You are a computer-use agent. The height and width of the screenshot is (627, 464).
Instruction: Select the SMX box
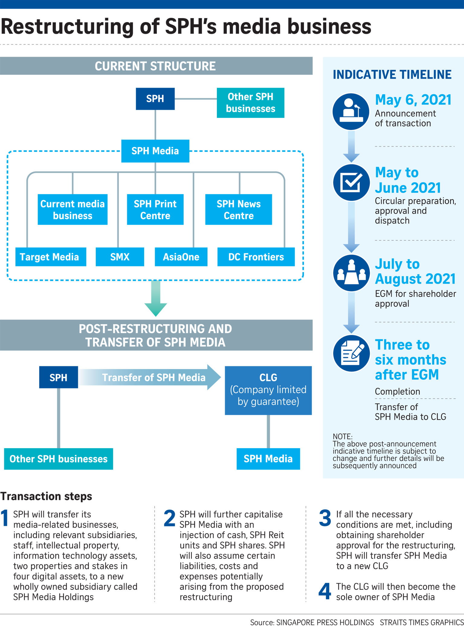120,257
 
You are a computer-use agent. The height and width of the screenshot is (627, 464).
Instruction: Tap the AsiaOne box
181,257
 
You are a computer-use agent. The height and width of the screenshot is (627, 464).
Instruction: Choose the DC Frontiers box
256,257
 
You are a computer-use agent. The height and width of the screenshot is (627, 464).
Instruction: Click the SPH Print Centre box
155,210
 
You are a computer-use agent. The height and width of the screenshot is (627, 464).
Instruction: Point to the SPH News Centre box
238,210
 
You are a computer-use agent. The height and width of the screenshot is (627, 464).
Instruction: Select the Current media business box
72,210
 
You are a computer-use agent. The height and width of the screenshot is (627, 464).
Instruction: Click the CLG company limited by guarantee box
268,390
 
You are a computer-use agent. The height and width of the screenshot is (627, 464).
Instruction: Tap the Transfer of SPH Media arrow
151,377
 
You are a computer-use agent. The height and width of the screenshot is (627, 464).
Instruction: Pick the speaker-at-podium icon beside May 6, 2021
351,111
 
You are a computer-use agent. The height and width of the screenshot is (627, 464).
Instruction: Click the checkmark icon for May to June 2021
351,182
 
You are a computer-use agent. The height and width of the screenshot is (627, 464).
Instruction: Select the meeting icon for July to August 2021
351,273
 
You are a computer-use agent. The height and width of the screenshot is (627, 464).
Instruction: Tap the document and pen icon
351,353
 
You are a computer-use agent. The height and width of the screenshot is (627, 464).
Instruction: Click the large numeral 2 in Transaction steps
169,518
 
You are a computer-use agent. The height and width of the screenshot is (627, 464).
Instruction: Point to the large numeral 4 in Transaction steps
325,591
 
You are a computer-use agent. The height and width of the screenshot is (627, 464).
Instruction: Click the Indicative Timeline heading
392,75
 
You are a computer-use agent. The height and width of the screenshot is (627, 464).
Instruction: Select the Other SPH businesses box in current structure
250,103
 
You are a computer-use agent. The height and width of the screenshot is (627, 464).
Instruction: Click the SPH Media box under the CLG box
268,459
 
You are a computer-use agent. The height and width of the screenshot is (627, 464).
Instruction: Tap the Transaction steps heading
46,496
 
